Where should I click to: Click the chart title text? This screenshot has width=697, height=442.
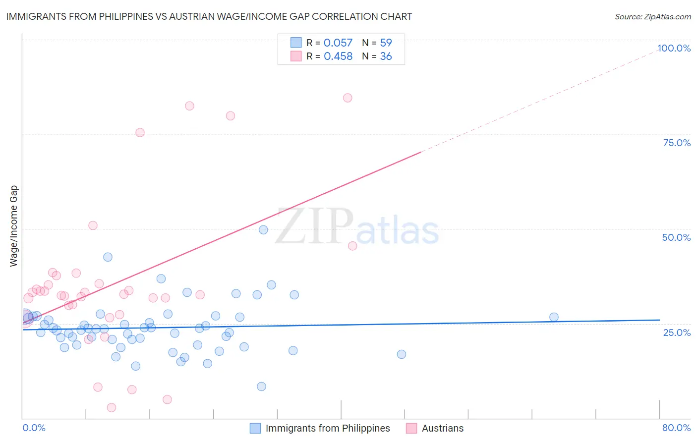[209, 16]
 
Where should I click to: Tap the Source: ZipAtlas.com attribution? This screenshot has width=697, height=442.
[652, 16]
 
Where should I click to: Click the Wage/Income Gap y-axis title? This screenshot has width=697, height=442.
[13, 226]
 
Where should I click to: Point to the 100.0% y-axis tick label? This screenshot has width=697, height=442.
[674, 48]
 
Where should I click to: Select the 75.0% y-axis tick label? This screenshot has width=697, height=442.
[677, 143]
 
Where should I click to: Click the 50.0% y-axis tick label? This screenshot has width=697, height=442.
[676, 237]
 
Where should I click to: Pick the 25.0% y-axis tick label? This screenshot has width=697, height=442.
[677, 332]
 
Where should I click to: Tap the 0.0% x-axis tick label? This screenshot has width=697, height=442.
[34, 428]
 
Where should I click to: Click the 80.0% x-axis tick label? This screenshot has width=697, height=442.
[676, 428]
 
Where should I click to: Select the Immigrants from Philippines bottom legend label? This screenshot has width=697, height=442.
[328, 428]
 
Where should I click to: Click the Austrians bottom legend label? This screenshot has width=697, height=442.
[443, 428]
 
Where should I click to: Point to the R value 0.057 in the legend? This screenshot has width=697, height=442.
[338, 43]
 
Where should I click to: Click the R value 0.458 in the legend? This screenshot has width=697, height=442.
[338, 56]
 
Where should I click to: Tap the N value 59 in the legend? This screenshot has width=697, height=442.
[386, 43]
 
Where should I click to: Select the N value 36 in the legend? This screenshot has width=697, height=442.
[386, 56]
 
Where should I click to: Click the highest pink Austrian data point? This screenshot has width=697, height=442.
[348, 98]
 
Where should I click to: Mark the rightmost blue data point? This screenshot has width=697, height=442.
[554, 317]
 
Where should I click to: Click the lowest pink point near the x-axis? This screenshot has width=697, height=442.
[112, 407]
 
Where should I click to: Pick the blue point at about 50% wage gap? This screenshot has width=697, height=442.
[263, 230]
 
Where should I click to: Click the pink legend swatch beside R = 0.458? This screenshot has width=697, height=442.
[296, 56]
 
